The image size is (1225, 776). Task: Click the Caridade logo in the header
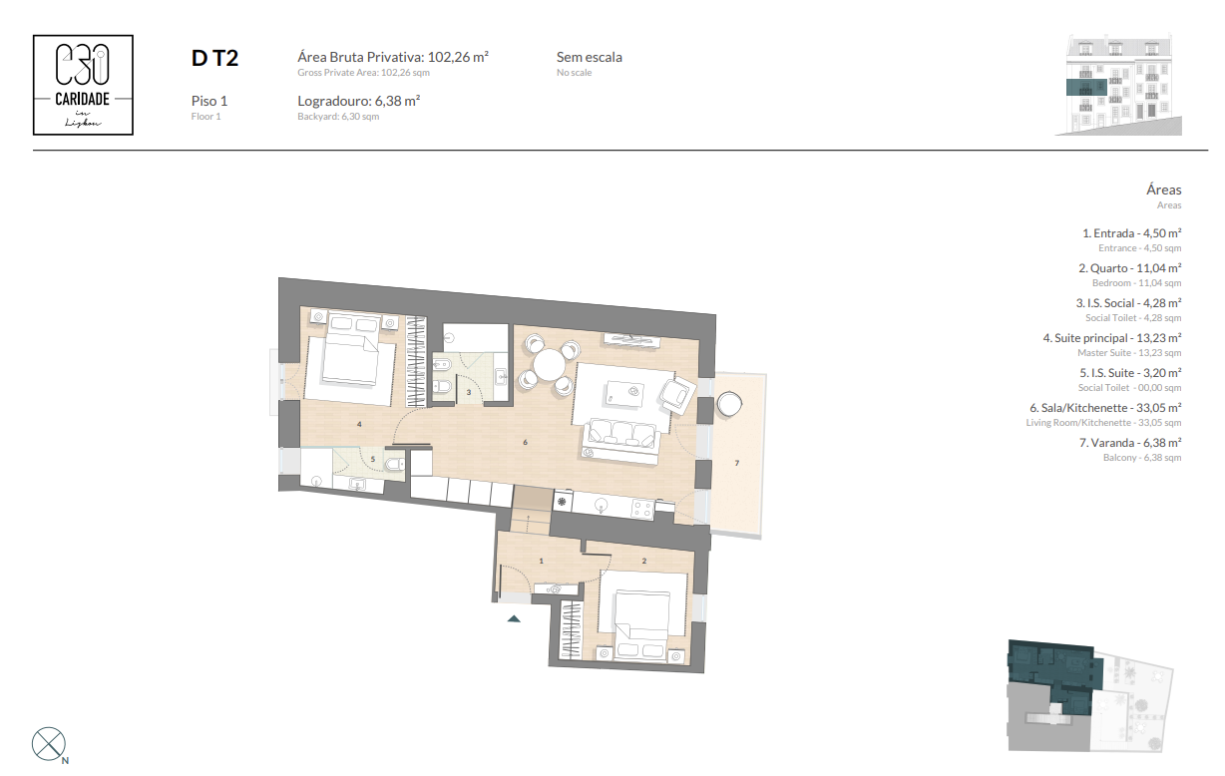click(x=84, y=85)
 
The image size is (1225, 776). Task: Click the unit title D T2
click(x=214, y=59)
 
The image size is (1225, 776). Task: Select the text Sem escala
click(x=589, y=57)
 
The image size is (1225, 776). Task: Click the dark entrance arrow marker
click(x=514, y=618)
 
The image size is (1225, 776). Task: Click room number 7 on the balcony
click(x=736, y=463)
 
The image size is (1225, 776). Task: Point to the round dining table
click(x=550, y=365)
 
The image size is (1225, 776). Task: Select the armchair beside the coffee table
click(x=678, y=394)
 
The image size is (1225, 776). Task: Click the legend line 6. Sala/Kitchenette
click(x=1105, y=407)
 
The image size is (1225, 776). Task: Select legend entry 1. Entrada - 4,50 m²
click(x=1131, y=232)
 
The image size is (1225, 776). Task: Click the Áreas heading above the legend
click(x=1163, y=189)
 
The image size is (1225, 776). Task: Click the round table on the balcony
click(x=730, y=402)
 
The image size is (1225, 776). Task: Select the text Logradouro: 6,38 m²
click(x=358, y=101)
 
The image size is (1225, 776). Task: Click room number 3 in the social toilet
click(x=469, y=392)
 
